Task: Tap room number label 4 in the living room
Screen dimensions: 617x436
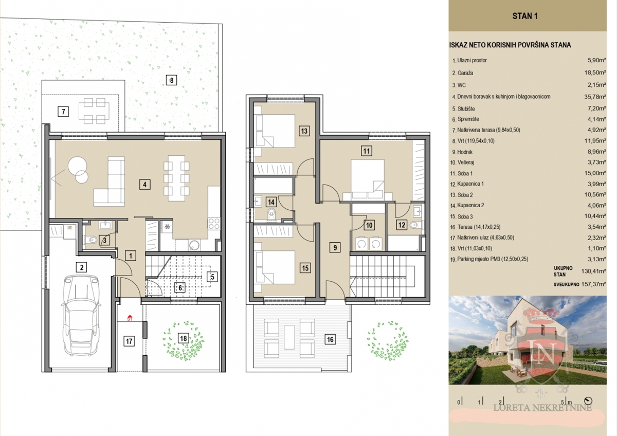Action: pyautogui.click(x=144, y=184)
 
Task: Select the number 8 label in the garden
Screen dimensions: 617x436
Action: pyautogui.click(x=172, y=80)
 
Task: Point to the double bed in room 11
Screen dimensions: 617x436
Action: pyautogui.click(x=368, y=179)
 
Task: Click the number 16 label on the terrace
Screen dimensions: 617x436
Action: pyautogui.click(x=330, y=340)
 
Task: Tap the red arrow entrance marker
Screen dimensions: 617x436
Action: pyautogui.click(x=130, y=318)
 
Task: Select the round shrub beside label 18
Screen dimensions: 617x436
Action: pyautogui.click(x=184, y=341)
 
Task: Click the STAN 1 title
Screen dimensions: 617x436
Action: pyautogui.click(x=525, y=16)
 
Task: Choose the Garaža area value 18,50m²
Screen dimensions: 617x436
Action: pyautogui.click(x=595, y=72)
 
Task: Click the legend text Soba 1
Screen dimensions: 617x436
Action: pyautogui.click(x=465, y=173)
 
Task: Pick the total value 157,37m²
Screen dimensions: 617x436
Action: pyautogui.click(x=593, y=284)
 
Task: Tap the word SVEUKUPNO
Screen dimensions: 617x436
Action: pyautogui.click(x=566, y=284)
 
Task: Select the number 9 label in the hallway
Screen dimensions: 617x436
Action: pyautogui.click(x=335, y=247)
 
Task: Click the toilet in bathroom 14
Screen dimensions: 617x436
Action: pyautogui.click(x=271, y=214)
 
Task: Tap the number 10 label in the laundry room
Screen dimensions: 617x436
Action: pyautogui.click(x=369, y=225)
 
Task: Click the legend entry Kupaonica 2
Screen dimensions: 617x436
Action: pyautogui.click(x=470, y=206)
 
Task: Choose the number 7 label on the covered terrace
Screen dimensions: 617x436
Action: pyautogui.click(x=63, y=112)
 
